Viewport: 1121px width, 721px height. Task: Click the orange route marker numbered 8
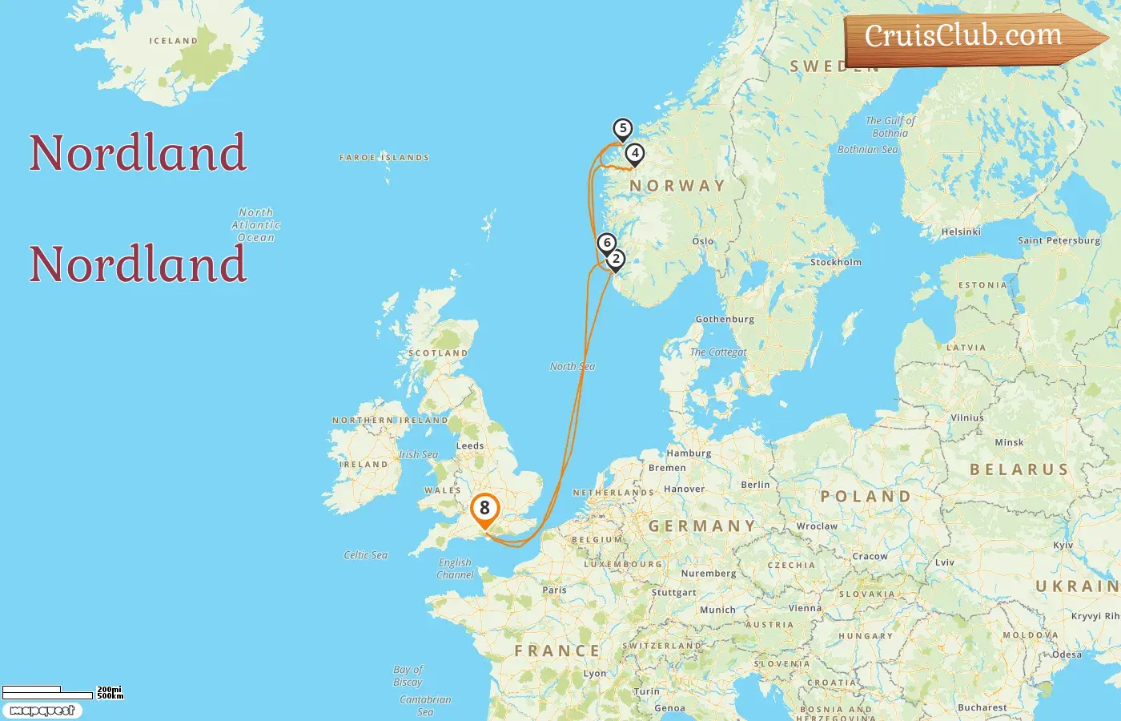pyautogui.click(x=484, y=509)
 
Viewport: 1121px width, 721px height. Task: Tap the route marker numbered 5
pyautogui.click(x=622, y=129)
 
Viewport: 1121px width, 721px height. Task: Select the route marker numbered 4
pyautogui.click(x=634, y=154)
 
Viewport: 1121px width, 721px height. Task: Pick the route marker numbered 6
pyautogui.click(x=607, y=243)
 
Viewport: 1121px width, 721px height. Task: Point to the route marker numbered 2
pyautogui.click(x=616, y=260)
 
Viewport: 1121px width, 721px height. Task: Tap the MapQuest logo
pyautogui.click(x=42, y=711)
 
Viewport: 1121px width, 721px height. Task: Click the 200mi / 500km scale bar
pyautogui.click(x=48, y=693)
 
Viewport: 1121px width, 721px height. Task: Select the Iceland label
pyautogui.click(x=173, y=41)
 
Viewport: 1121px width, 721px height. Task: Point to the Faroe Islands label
pyautogui.click(x=384, y=158)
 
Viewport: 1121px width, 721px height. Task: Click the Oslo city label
pyautogui.click(x=702, y=241)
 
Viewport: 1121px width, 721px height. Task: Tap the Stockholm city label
pyautogui.click(x=836, y=262)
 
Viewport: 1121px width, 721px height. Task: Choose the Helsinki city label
pyautogui.click(x=961, y=232)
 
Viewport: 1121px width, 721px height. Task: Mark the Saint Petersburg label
pyautogui.click(x=1059, y=240)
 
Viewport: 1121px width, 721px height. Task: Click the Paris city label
pyautogui.click(x=554, y=590)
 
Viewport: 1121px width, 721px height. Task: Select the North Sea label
pyautogui.click(x=572, y=366)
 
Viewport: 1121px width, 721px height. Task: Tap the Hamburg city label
pyautogui.click(x=689, y=453)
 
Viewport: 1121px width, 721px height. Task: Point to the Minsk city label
pyautogui.click(x=1009, y=442)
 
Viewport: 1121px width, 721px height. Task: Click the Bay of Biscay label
pyautogui.click(x=408, y=675)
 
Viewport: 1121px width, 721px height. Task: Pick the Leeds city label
pyautogui.click(x=470, y=445)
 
